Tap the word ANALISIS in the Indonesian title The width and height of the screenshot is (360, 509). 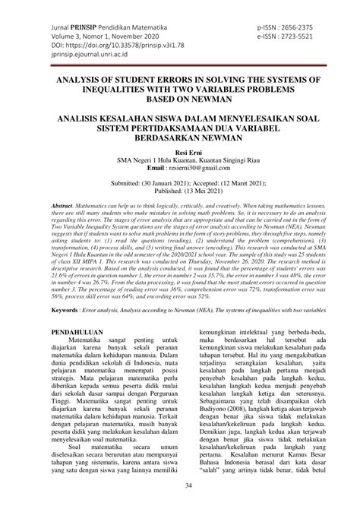point(86,119)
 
